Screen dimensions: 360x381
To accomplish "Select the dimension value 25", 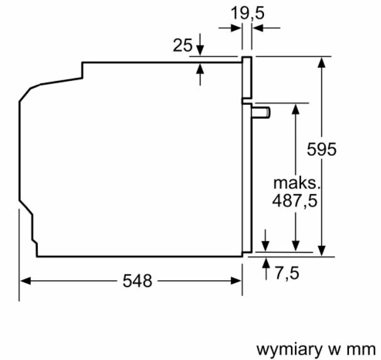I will pos(182,45).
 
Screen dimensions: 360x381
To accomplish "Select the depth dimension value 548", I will pos(137,281).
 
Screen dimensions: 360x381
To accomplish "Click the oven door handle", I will pos(261,112).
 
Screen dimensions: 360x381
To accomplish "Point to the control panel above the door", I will pos(246,79).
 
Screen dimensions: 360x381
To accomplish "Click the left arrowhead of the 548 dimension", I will pos(25,281).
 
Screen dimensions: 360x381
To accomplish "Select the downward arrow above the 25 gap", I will pos(200,50).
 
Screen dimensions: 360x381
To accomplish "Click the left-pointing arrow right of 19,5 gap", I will pos(257,28).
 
